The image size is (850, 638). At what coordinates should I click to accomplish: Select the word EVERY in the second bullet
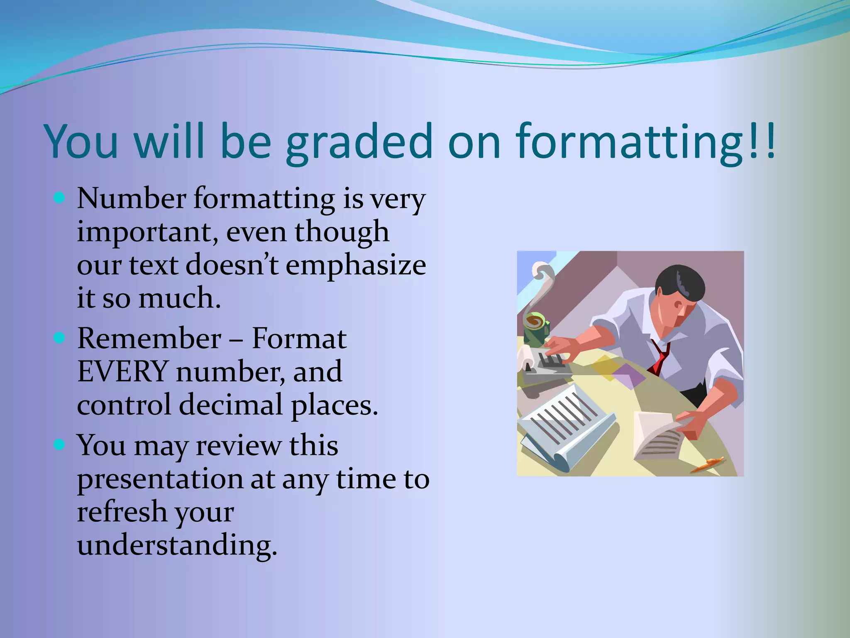122,371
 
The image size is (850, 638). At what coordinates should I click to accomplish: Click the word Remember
149,339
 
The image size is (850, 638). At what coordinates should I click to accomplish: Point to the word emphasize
356,265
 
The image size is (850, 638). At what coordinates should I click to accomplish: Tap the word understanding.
176,545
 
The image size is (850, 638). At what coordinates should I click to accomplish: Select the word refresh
121,512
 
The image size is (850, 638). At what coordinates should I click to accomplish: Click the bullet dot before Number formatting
60,198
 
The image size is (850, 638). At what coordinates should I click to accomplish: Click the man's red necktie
660,357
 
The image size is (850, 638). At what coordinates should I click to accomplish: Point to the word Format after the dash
299,339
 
